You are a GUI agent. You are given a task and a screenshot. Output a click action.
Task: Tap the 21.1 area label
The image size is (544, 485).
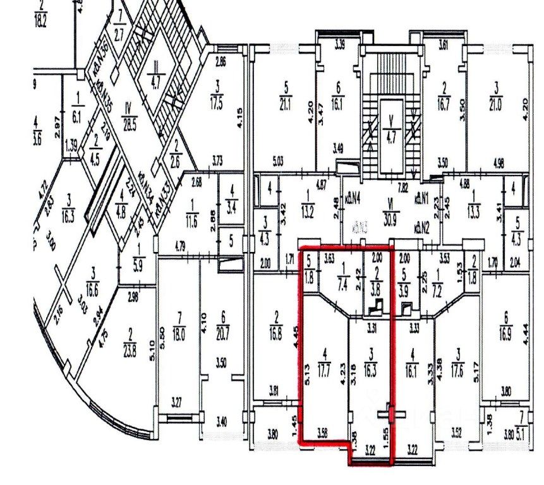[286, 105]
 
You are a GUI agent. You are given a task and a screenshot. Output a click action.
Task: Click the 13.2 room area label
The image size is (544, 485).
[307, 211]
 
